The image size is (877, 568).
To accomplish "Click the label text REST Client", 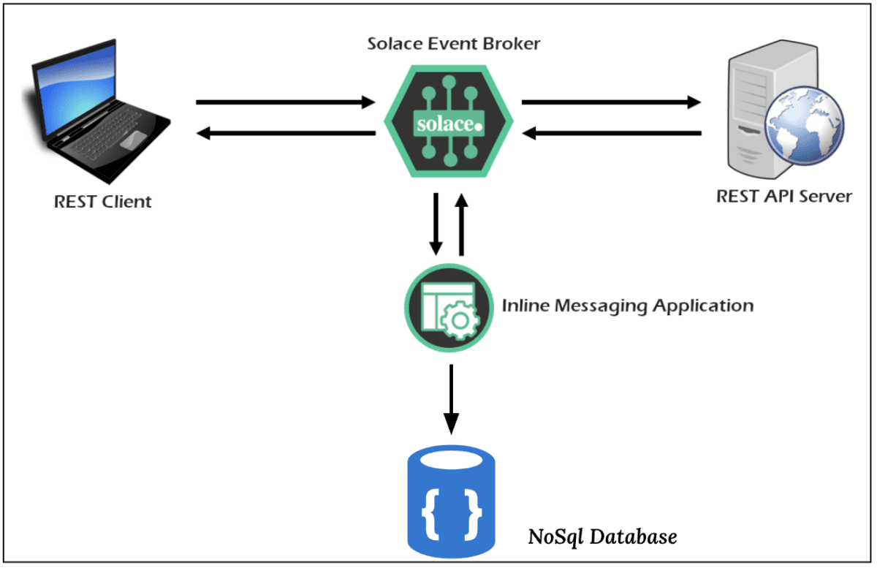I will point(103,202).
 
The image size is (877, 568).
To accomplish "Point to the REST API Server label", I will point(784,196).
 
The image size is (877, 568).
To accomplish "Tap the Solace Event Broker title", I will point(454,44).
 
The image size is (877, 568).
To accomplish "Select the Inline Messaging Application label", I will point(627,305).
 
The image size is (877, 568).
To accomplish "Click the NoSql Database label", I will point(602,537).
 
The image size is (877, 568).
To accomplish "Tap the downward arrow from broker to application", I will point(436,224).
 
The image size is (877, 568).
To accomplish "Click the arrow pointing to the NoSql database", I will point(452,398).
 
